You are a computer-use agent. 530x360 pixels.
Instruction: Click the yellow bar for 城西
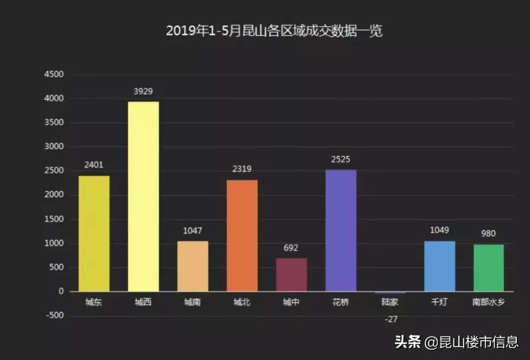143,196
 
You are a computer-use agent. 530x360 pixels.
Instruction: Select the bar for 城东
94,234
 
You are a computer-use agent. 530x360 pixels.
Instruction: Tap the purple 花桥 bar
341,231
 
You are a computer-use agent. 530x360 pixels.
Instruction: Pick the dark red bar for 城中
291,275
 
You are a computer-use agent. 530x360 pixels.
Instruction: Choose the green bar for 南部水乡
489,268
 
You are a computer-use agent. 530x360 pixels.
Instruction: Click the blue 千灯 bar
439,266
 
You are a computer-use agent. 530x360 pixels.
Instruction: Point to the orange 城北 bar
242,236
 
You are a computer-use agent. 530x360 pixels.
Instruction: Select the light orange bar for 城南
192,266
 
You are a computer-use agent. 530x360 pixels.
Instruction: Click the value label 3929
143,91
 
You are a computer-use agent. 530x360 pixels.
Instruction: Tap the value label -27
391,319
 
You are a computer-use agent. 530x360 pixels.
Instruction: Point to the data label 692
291,248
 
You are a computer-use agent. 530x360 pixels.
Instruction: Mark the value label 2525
341,160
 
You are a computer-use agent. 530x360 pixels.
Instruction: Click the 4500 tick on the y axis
54,75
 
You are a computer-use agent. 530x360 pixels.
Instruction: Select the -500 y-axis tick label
54,315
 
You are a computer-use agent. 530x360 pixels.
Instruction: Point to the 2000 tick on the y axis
54,195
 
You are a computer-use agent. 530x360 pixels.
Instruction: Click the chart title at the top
274,31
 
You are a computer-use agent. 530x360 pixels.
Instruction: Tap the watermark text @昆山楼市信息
471,342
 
